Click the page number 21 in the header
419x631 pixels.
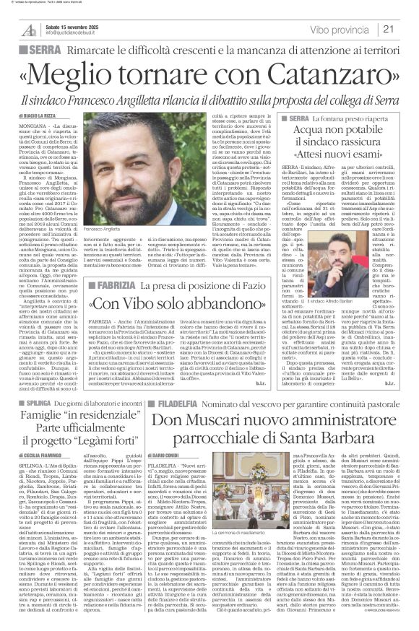click(x=407, y=29)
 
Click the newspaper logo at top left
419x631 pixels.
click(x=28, y=28)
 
